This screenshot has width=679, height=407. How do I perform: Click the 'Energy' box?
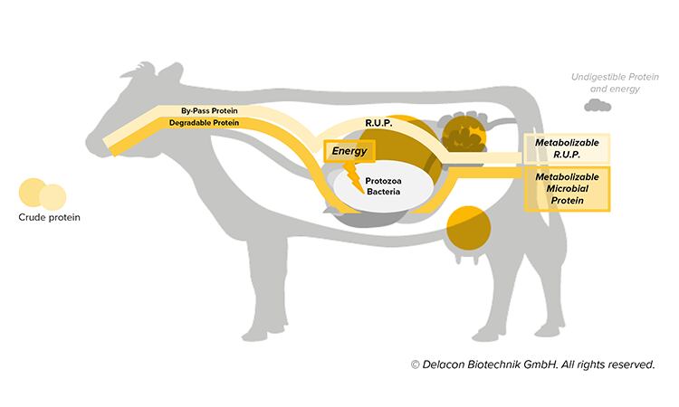coord(349,151)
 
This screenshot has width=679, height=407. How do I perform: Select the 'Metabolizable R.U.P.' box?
coord(567,147)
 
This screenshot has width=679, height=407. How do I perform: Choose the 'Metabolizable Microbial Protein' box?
coord(567,187)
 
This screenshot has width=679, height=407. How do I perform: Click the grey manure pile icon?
coord(598,106)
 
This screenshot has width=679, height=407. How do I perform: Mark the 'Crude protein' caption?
coord(43,217)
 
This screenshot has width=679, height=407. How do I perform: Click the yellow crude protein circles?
coord(42,194)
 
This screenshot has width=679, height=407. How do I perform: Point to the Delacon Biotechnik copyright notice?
coord(531,365)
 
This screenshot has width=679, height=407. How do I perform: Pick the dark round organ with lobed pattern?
coord(467,135)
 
